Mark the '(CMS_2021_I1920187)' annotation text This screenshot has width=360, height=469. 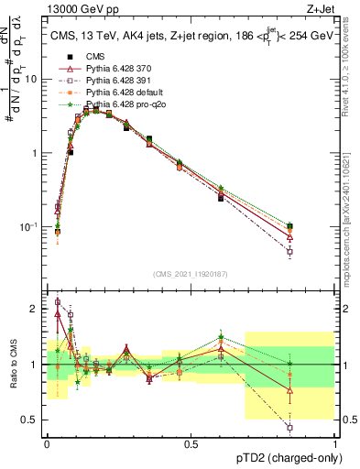click(x=190, y=273)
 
